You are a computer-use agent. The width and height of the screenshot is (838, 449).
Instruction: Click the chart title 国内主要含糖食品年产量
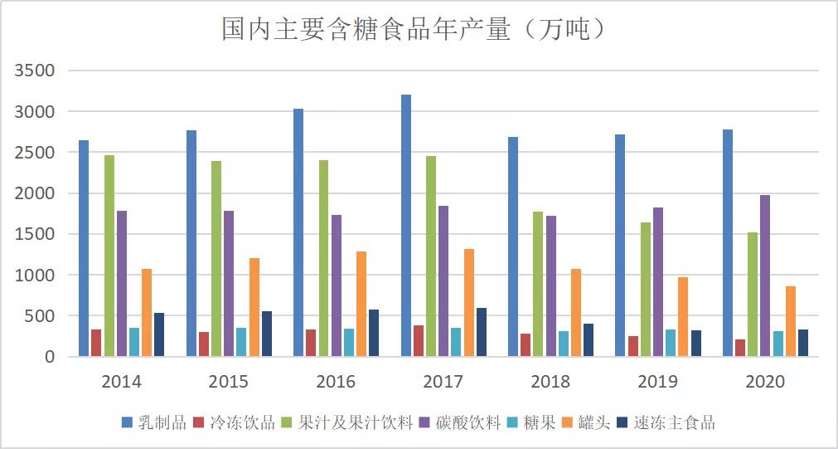pos(418,30)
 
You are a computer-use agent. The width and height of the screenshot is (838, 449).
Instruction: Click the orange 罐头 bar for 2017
pos(469,303)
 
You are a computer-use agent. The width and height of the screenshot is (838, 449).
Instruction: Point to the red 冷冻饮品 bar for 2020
pos(740,348)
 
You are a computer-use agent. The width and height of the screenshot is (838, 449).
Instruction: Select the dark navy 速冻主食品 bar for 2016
pos(374,333)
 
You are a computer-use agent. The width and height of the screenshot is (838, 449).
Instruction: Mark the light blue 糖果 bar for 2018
pos(564,344)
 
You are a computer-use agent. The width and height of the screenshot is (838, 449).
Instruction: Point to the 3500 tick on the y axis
pos(35,71)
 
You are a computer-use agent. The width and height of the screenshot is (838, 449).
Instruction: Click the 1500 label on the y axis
pos(35,234)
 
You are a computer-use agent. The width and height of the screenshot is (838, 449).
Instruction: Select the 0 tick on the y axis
pos(49,357)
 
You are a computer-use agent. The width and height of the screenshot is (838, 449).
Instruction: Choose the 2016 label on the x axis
pos(336,382)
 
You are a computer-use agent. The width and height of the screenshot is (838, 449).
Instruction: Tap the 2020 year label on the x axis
pos(765,382)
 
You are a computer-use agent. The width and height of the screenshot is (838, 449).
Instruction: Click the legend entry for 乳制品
pos(154,422)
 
